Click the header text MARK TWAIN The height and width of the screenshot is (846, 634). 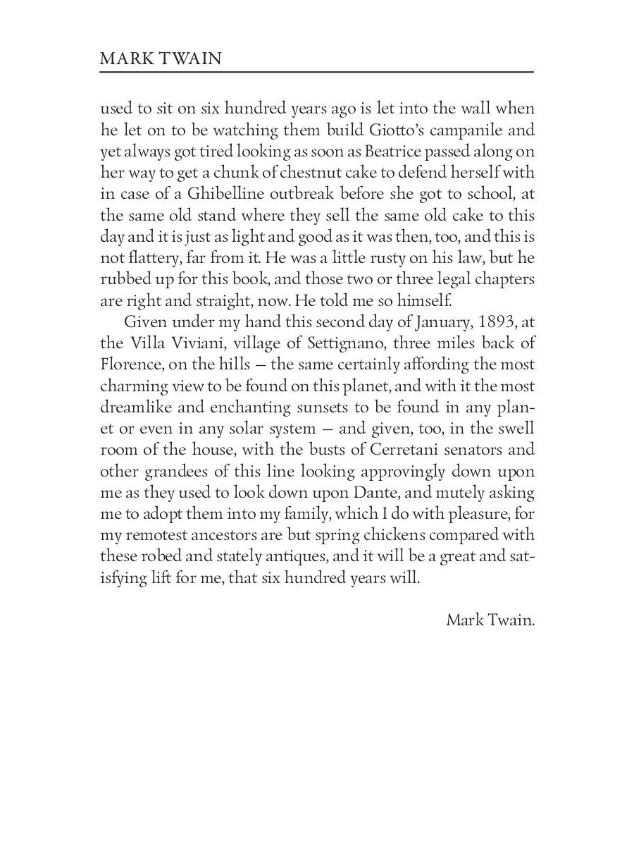[x=161, y=59]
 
